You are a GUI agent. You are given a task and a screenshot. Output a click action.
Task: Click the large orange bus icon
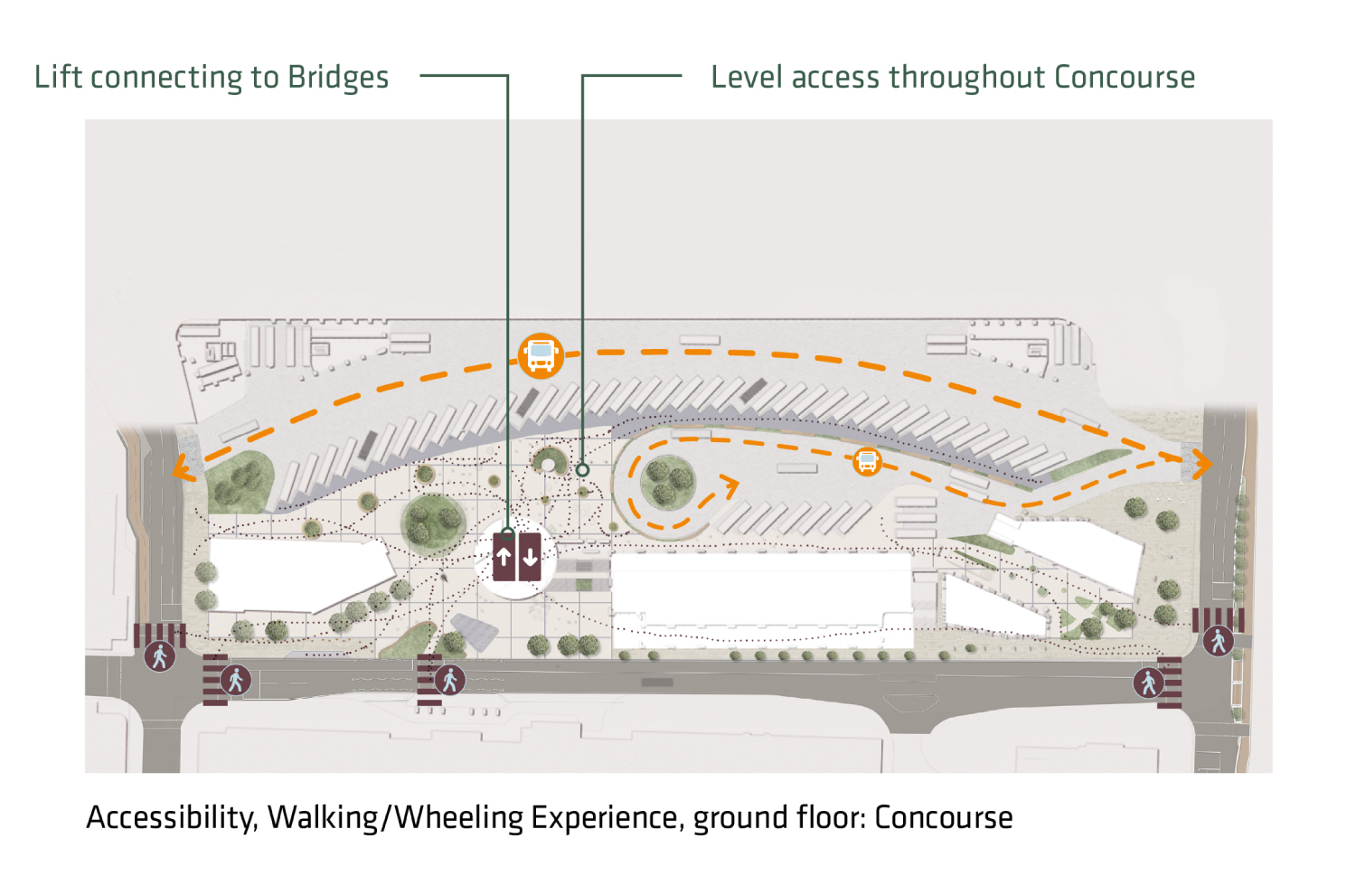click(x=541, y=354)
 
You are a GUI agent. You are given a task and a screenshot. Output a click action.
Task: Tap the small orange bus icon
click(x=867, y=461)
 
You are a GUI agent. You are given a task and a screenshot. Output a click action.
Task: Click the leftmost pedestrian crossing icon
click(x=160, y=655)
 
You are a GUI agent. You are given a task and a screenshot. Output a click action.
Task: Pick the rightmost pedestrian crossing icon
click(x=1218, y=641)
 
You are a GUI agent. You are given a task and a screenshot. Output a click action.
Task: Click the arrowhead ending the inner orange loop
click(x=729, y=487)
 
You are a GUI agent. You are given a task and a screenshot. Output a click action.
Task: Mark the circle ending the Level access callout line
click(x=583, y=470)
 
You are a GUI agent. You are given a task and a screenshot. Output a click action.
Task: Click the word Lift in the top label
click(x=59, y=77)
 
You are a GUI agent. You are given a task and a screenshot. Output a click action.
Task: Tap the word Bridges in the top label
click(x=338, y=79)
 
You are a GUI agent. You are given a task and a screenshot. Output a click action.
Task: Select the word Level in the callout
click(x=747, y=77)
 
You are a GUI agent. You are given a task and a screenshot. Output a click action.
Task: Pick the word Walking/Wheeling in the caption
click(x=396, y=817)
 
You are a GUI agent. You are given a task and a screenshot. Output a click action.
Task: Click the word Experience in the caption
click(x=604, y=819)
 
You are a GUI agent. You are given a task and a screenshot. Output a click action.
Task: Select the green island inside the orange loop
click(x=667, y=482)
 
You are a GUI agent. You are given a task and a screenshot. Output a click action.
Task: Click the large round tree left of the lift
click(x=433, y=523)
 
